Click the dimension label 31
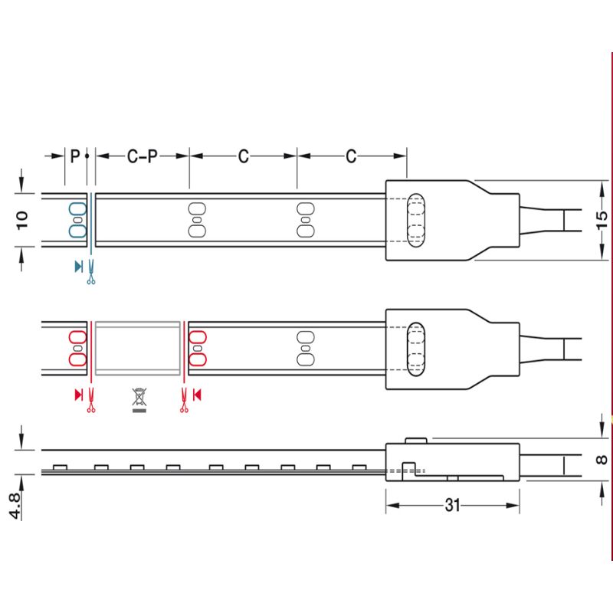pos(453,505)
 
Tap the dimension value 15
pos(602,220)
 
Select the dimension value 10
pos(22,220)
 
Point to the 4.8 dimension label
pos(15,506)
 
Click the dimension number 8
pos(602,459)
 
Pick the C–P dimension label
pos(142,156)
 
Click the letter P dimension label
pos(74,156)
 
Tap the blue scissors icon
pos(91,272)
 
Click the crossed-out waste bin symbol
pos(139,400)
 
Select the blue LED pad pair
pos(78,220)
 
